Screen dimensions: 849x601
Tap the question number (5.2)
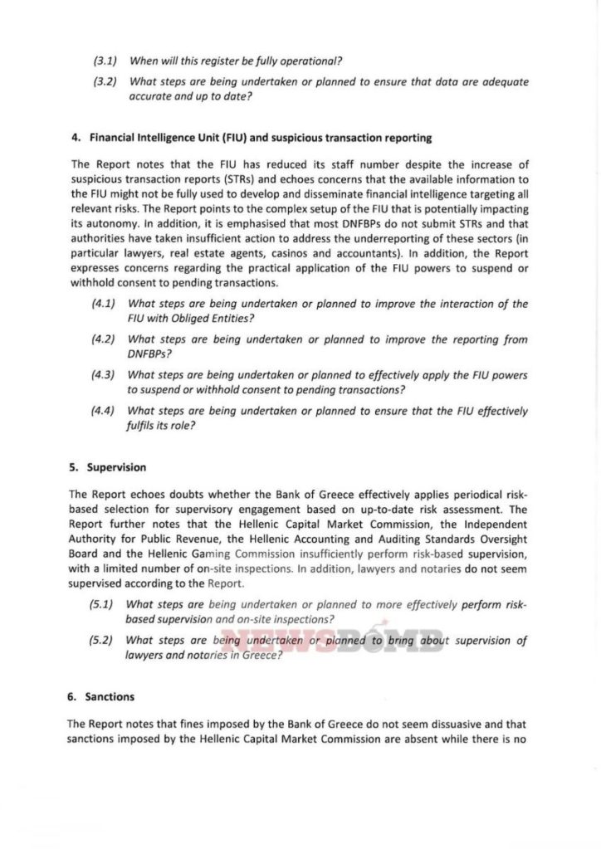tap(104, 641)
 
